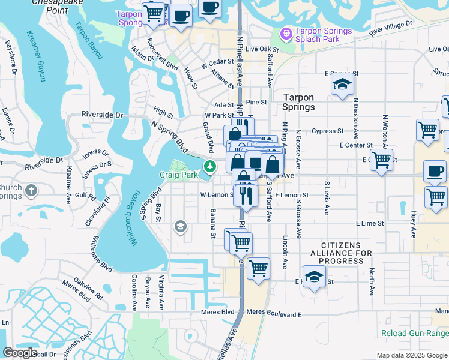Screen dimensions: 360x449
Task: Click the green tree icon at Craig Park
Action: click(x=209, y=166)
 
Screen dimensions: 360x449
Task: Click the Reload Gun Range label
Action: click(x=415, y=333)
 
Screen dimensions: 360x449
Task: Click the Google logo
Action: click(x=20, y=353)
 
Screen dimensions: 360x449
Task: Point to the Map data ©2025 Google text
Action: click(x=412, y=355)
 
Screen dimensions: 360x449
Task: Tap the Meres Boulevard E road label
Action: click(x=274, y=314)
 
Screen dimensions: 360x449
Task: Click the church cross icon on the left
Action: click(x=31, y=191)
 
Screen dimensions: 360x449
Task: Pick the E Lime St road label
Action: click(x=369, y=223)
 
